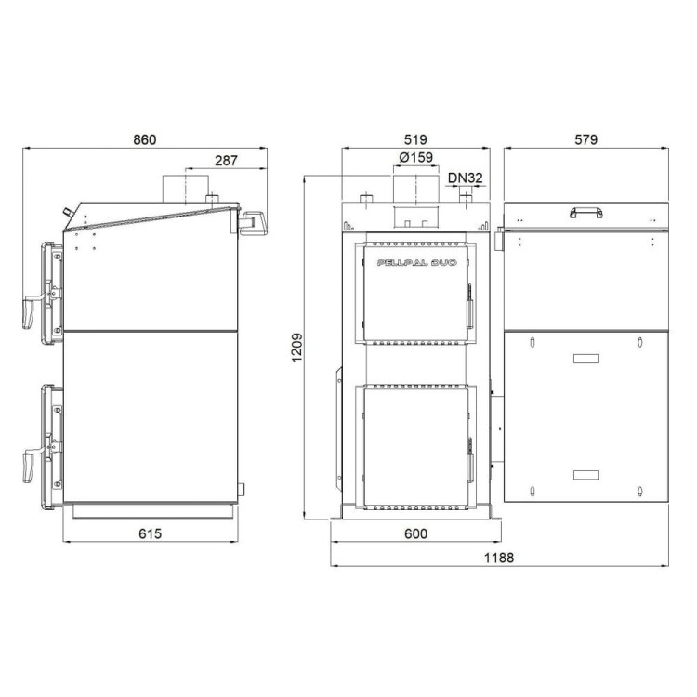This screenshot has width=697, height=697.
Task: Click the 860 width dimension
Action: (x=145, y=139)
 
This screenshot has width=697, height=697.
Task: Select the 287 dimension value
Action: (x=226, y=161)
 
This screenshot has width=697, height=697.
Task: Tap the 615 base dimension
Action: (x=151, y=533)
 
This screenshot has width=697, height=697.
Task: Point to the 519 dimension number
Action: (x=415, y=139)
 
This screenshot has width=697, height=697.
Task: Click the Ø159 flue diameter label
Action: (x=416, y=157)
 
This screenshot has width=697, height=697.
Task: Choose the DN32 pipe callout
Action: (x=465, y=178)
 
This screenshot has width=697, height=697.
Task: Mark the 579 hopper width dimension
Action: (x=585, y=139)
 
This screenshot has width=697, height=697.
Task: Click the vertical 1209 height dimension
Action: (x=297, y=348)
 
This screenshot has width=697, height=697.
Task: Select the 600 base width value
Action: (x=415, y=533)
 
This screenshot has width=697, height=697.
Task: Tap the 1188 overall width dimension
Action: (x=499, y=558)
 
